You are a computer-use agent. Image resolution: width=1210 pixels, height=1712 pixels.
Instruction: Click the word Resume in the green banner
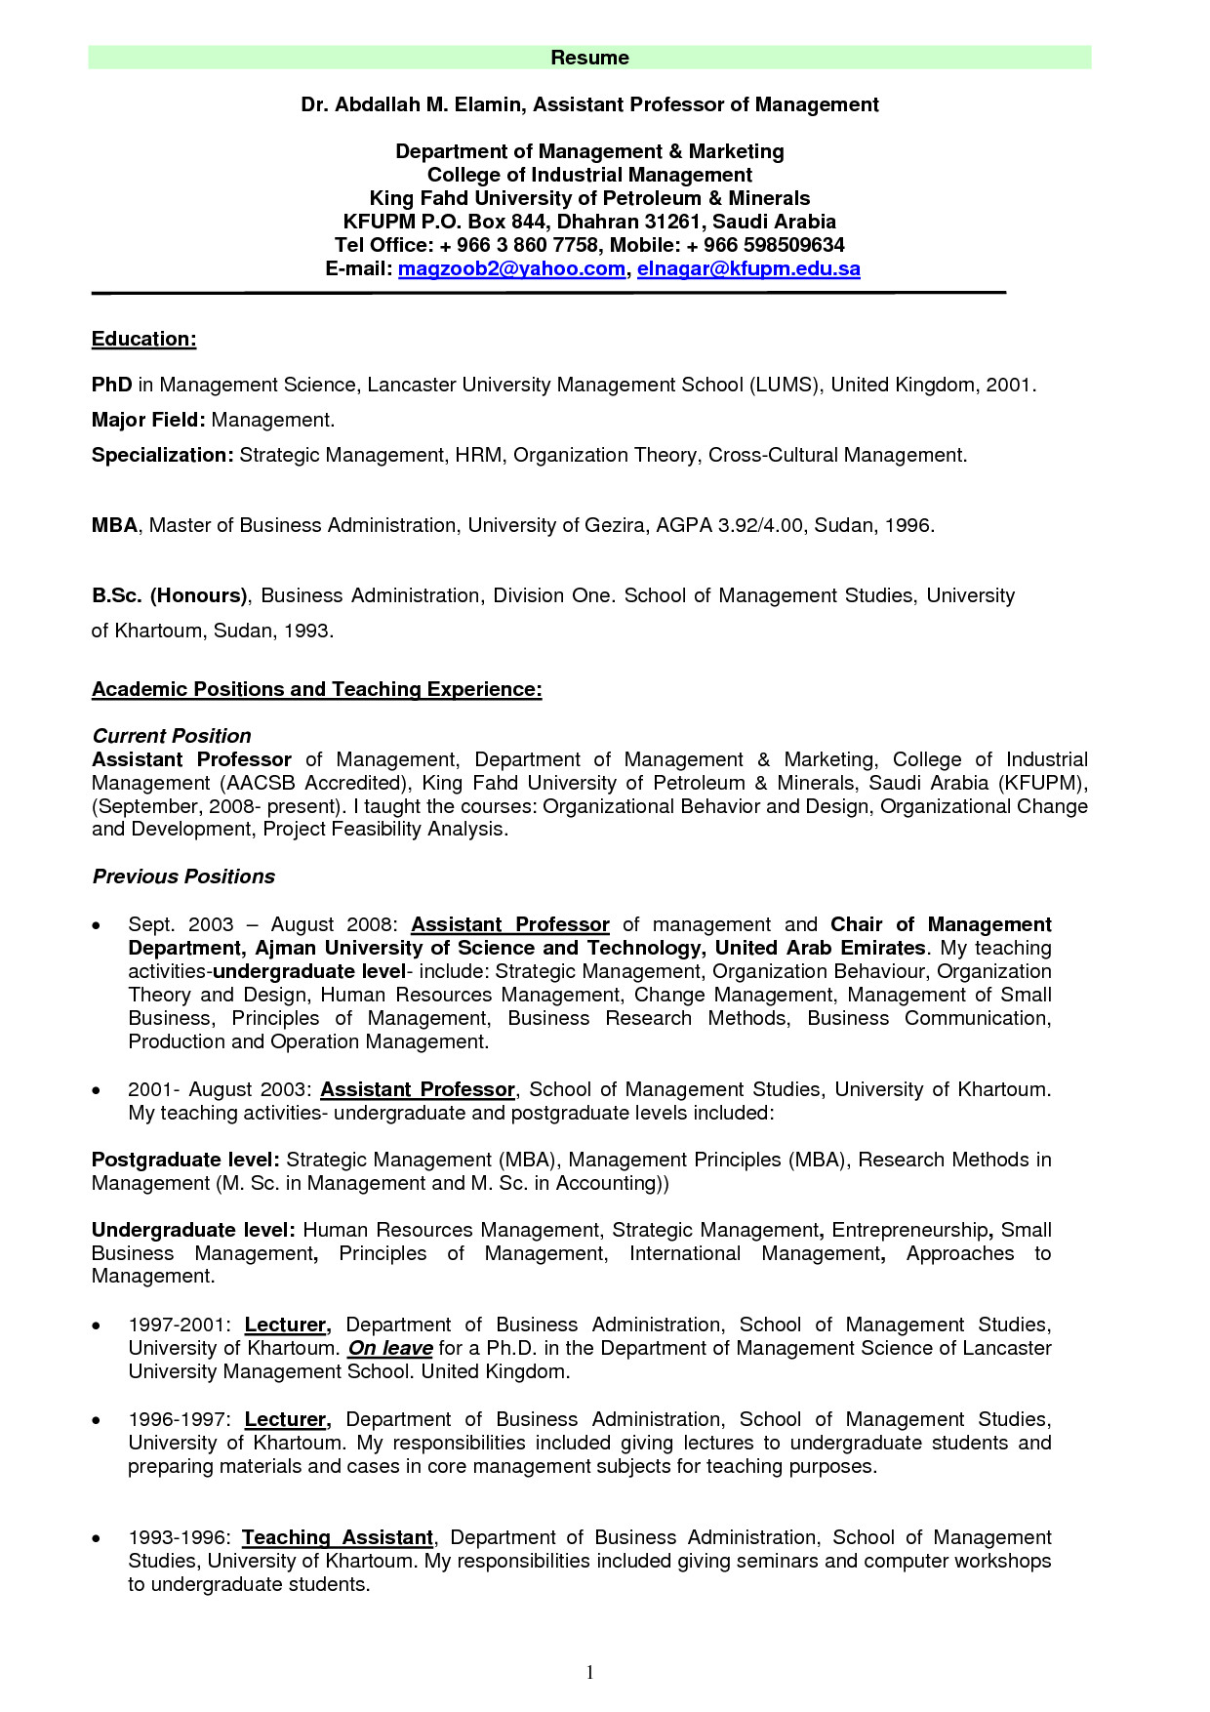click(x=589, y=58)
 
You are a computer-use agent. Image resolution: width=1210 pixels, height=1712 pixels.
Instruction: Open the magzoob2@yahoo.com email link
click(x=511, y=268)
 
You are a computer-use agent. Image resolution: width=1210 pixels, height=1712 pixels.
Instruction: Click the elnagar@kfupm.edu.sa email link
click(x=748, y=268)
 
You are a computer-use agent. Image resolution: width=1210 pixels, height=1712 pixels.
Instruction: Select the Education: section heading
click(x=143, y=339)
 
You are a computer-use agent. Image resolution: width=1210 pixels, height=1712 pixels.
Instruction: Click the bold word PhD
click(x=111, y=385)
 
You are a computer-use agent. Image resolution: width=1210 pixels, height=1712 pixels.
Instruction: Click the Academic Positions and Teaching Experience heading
click(x=316, y=689)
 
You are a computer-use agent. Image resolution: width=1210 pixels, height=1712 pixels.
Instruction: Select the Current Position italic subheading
click(x=171, y=736)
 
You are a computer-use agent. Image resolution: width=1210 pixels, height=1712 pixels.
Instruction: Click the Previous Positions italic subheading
click(x=183, y=876)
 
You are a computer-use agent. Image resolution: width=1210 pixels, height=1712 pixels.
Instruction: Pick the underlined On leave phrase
click(x=390, y=1348)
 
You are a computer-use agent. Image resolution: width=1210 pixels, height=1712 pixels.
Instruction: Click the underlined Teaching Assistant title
click(x=338, y=1537)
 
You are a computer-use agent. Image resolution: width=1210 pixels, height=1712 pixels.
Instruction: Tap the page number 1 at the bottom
click(x=589, y=1673)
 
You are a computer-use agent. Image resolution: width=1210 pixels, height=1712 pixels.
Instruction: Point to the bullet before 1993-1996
click(x=96, y=1538)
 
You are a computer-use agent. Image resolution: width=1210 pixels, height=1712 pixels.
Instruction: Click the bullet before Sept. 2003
click(x=96, y=925)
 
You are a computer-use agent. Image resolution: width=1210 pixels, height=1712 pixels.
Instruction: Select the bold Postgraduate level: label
click(x=185, y=1160)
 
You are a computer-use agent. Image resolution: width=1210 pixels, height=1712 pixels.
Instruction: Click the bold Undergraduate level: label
click(x=193, y=1230)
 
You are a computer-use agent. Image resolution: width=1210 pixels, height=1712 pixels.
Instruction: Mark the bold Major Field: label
click(x=148, y=420)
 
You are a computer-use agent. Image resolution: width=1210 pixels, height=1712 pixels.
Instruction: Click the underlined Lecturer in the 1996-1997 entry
click(x=286, y=1419)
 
